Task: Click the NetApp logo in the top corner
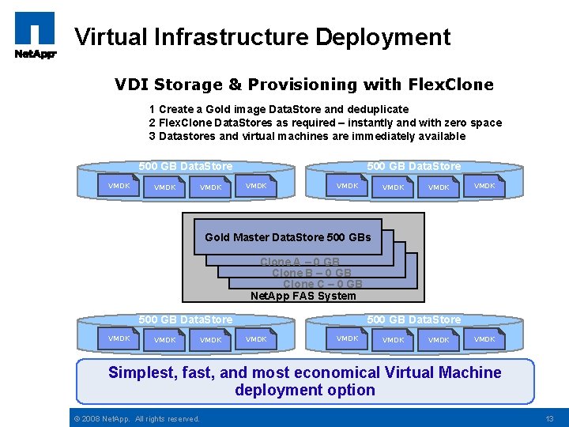coord(35,36)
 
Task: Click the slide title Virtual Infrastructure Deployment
coord(262,37)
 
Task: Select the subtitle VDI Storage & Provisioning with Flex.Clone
coord(303,85)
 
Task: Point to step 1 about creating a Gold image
coord(278,109)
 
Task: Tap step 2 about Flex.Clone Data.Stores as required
coord(325,123)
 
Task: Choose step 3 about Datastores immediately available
coord(307,136)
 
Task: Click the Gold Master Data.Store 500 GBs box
coord(288,237)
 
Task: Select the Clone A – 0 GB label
coord(300,263)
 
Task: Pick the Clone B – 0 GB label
coord(311,274)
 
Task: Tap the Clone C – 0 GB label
coord(322,285)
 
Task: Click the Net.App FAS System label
coord(303,297)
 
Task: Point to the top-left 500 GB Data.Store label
coord(186,166)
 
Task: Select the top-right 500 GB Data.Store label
coord(414,166)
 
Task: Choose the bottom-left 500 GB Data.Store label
coord(186,319)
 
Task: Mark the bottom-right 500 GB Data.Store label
coord(414,319)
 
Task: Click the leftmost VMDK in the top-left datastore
coord(119,186)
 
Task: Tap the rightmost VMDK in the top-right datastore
coord(484,186)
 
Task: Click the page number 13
coord(550,418)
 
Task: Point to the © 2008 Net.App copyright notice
coord(136,418)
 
